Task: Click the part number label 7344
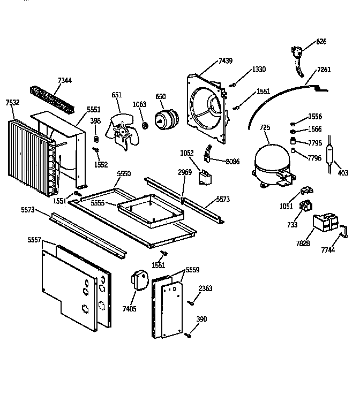64,81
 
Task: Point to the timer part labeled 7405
140,279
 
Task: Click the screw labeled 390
187,336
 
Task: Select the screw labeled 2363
190,303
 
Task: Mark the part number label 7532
12,102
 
